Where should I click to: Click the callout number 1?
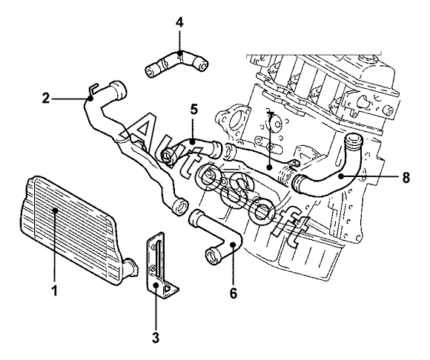55,290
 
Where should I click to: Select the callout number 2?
46,98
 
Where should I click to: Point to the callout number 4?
179,23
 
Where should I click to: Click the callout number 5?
193,110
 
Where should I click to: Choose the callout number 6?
233,293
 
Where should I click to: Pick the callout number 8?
406,178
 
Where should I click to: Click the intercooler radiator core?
68,230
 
